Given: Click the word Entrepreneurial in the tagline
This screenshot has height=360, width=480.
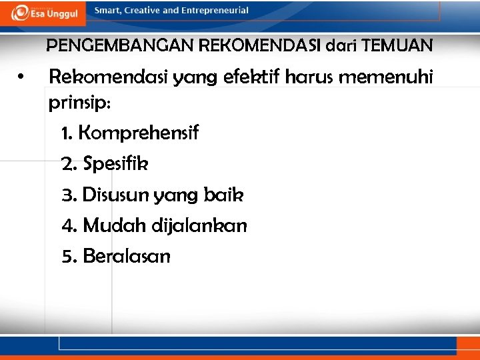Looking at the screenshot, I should point(215,11).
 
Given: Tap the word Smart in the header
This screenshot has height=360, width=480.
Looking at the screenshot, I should point(107,11).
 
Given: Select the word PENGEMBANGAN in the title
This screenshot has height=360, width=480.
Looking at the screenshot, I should point(117,46).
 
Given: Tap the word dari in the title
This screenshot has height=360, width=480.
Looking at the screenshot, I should point(341,46).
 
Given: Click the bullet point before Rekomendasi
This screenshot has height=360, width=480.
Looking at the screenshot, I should point(23,78).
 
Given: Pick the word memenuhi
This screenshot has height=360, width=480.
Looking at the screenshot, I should point(386,78).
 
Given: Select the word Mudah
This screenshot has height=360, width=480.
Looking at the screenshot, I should point(110,225).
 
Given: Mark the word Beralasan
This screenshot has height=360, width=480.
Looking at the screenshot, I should point(126,256).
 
